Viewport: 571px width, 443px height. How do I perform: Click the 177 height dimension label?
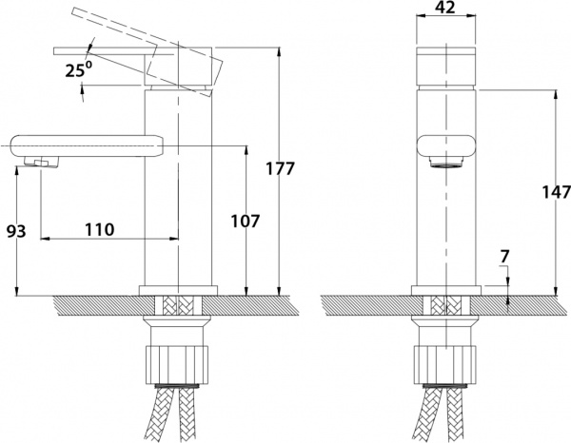point(280,169)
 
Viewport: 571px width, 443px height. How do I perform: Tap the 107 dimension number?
point(246,221)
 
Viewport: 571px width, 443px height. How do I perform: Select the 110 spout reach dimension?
point(99,229)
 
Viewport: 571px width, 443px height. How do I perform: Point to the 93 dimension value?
point(16,231)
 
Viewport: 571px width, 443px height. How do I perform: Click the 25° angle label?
point(78,69)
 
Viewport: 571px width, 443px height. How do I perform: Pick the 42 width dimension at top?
point(445,7)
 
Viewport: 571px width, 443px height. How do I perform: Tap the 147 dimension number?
point(556,192)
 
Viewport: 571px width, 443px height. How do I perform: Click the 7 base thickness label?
point(504,257)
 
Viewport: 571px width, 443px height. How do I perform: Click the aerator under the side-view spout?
point(41,162)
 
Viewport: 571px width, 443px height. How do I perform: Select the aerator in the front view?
point(445,162)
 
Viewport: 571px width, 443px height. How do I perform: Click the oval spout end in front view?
point(445,145)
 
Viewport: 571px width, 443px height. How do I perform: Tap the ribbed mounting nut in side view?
point(177,364)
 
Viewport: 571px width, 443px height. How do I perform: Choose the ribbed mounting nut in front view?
point(445,364)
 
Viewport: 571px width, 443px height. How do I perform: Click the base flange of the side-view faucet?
point(178,291)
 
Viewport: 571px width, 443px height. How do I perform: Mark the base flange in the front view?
point(446,291)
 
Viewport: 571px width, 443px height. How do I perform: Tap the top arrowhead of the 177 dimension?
point(279,51)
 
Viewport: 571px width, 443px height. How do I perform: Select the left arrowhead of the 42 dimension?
point(421,15)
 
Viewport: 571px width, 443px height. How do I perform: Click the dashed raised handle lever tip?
point(73,11)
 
